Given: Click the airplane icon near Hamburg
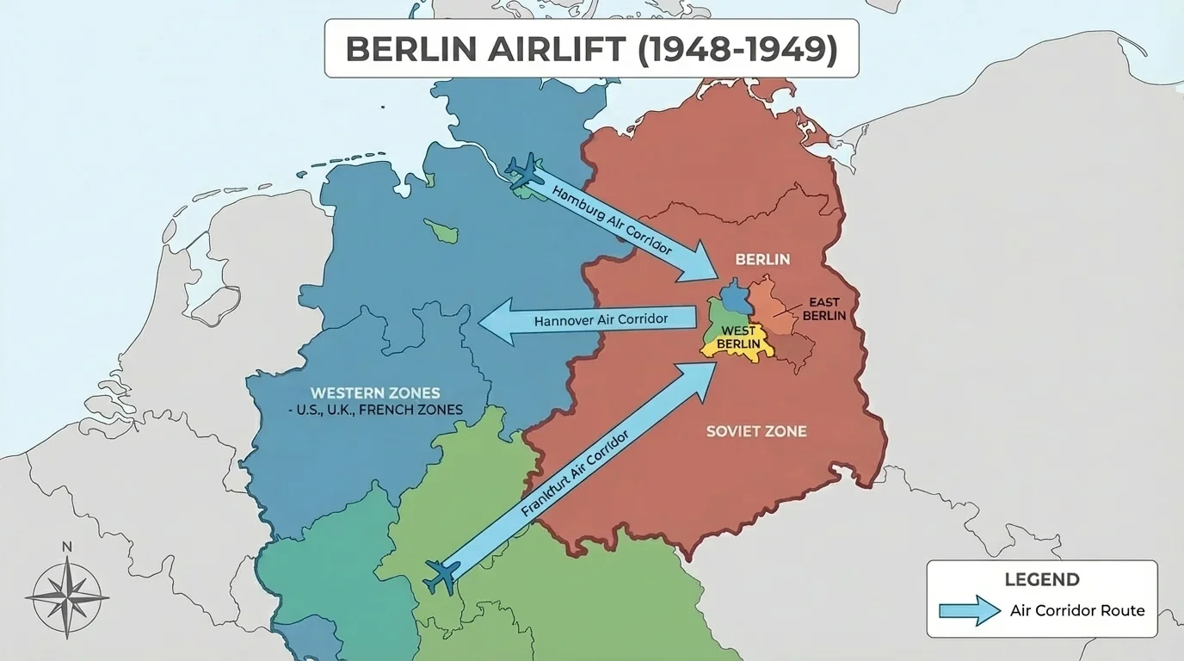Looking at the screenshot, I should pyautogui.click(x=523, y=172).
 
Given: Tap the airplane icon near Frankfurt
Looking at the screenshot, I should pyautogui.click(x=442, y=575).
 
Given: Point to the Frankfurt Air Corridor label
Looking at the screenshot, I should pyautogui.click(x=575, y=473).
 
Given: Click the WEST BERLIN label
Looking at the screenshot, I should pyautogui.click(x=738, y=337).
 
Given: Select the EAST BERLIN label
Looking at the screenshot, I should pyautogui.click(x=823, y=309).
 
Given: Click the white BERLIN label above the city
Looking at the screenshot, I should pyautogui.click(x=762, y=259).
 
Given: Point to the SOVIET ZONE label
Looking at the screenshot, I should pyautogui.click(x=756, y=430).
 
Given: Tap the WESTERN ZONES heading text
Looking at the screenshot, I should pyautogui.click(x=375, y=392).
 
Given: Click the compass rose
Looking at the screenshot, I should pyautogui.click(x=67, y=594).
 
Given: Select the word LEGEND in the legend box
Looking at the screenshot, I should pyautogui.click(x=1042, y=579).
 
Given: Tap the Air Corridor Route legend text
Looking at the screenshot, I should pyautogui.click(x=1077, y=610).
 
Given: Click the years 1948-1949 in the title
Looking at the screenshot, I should pyautogui.click(x=737, y=49).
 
